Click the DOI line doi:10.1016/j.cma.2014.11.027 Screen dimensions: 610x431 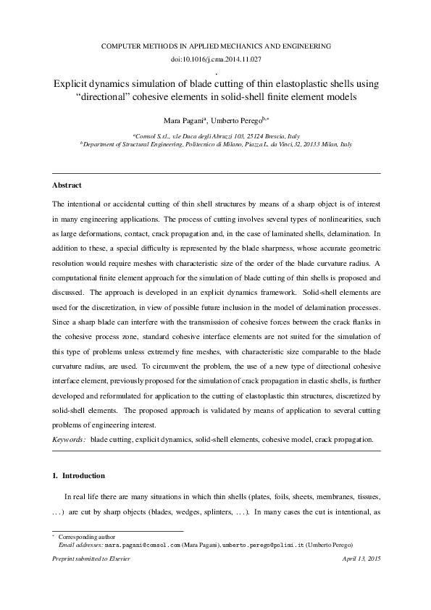coord(215,58)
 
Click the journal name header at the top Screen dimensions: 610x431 coord(215,45)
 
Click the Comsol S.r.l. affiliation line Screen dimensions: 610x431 coord(215,135)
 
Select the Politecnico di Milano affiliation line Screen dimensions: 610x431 coord(215,145)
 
